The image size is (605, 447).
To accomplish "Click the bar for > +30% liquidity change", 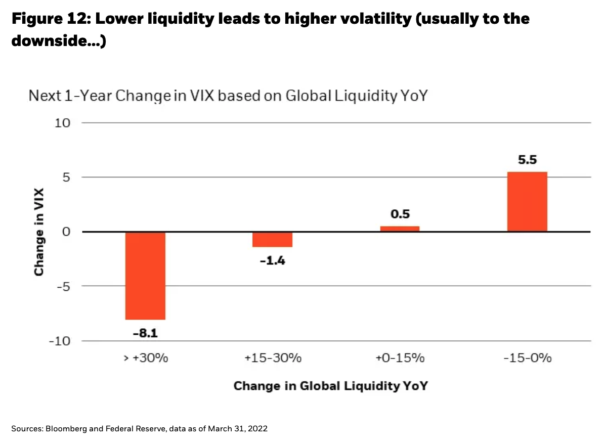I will [146, 276].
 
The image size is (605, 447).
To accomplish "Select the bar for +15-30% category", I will [273, 239].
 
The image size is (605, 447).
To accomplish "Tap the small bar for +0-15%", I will [400, 229].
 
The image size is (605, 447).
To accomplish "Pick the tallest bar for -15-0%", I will [527, 202].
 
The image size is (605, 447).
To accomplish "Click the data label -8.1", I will [146, 334].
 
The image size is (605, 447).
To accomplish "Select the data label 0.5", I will [400, 214].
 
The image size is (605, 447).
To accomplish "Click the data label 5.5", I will [527, 160].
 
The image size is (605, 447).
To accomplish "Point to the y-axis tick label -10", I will [61, 341].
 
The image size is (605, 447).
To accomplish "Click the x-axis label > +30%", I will [145, 359].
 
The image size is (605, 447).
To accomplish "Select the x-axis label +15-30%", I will [273, 359].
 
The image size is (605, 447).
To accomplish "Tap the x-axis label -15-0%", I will [527, 359].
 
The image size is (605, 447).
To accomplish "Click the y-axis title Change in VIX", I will [39, 232].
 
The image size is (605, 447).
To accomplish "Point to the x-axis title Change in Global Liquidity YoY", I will [330, 386].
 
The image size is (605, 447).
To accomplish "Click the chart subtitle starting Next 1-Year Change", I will [228, 96].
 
